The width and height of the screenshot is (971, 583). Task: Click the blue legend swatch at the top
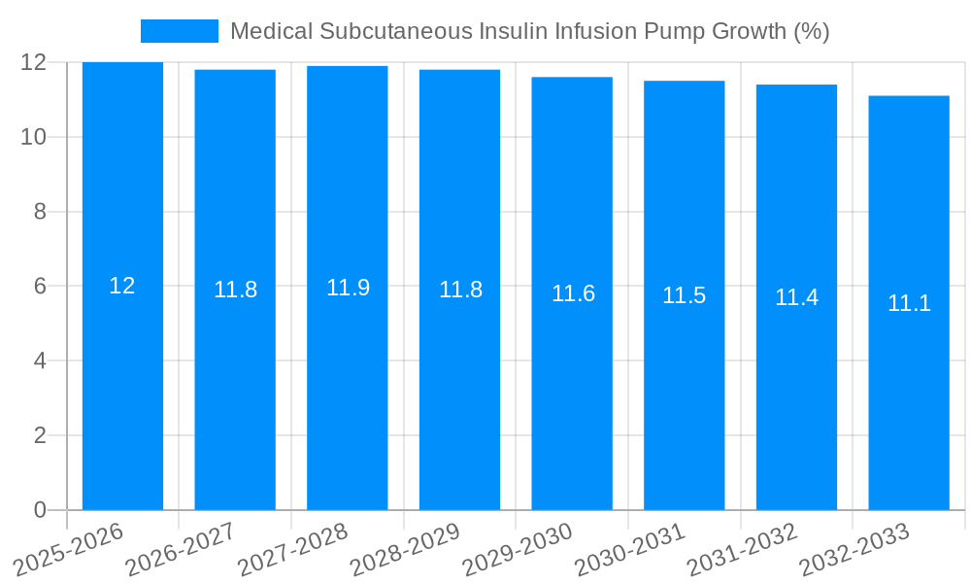180,31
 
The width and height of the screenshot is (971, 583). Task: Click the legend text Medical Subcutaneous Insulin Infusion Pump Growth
529,31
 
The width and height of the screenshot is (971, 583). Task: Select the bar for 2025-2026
122,389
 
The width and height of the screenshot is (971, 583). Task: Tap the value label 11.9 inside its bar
348,288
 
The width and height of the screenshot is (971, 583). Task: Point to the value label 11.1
909,303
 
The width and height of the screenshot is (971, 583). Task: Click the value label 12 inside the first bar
122,286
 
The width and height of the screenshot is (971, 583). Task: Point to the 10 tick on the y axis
34,137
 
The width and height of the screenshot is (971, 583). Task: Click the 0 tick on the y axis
40,510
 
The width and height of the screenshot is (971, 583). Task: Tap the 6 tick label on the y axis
40,287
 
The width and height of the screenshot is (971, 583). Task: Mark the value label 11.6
573,293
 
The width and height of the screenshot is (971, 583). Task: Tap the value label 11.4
796,297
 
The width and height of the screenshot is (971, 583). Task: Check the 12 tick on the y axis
34,62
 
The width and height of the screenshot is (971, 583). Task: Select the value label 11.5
685,295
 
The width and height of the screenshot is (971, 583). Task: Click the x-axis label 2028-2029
406,550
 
